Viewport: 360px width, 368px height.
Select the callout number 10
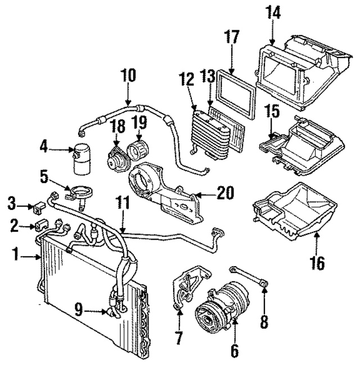pos(128,75)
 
